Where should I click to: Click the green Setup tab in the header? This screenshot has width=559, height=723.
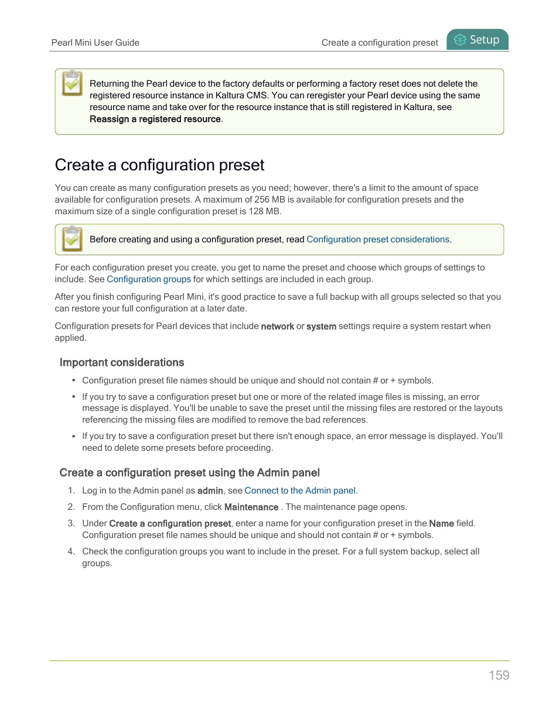(x=478, y=40)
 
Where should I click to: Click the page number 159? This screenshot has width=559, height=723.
(x=499, y=675)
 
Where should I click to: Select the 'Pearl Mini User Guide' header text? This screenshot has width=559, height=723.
(x=96, y=43)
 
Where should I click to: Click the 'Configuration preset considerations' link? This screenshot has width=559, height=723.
(x=378, y=239)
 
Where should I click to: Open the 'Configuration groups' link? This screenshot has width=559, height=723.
(x=149, y=279)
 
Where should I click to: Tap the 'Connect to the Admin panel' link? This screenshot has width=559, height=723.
(x=300, y=491)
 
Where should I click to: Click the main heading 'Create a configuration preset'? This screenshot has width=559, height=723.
(x=159, y=165)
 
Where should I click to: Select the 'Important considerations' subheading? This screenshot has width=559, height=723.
(x=122, y=362)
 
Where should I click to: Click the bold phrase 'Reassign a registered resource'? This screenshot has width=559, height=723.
(x=155, y=119)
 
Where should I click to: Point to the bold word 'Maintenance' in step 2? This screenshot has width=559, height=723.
(x=251, y=507)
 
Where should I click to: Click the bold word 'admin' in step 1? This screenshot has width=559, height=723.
(x=210, y=491)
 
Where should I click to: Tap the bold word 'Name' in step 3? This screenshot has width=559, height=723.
(x=441, y=523)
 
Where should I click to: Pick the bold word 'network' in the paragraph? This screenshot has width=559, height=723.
(x=277, y=326)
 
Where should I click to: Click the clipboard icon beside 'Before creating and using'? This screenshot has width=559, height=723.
(x=72, y=239)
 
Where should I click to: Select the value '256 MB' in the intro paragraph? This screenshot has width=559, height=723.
(x=270, y=200)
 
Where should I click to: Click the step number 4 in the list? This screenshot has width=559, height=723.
(x=71, y=551)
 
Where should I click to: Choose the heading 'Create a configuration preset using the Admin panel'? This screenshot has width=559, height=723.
(x=189, y=472)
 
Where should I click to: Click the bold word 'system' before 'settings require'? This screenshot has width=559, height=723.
(x=321, y=326)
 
